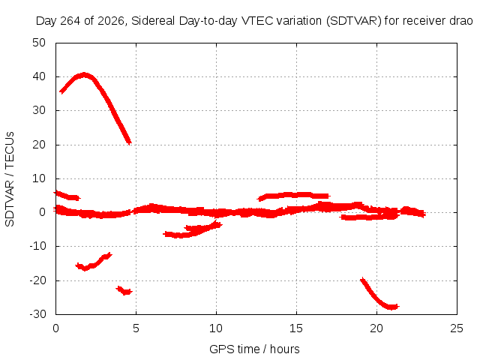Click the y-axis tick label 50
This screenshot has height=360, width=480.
(39, 43)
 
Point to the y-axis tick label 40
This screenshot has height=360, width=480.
(39, 76)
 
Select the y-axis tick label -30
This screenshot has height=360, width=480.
(37, 314)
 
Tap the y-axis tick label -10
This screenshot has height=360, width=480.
(37, 246)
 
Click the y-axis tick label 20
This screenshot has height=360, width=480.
(39, 145)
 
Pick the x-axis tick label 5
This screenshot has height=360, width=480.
(136, 328)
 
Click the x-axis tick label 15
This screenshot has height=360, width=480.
(296, 328)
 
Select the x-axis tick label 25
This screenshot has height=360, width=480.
(457, 328)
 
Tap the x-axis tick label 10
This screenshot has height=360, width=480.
(216, 328)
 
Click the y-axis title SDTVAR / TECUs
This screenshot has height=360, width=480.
(10, 179)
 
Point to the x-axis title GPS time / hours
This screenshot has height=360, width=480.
(254, 349)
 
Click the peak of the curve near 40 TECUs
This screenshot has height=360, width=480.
(85, 75)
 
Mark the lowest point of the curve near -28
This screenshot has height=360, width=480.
(391, 307)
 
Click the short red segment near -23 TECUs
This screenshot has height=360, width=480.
(124, 290)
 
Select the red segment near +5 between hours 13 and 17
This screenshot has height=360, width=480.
(294, 195)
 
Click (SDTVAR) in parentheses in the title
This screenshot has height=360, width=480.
(354, 21)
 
